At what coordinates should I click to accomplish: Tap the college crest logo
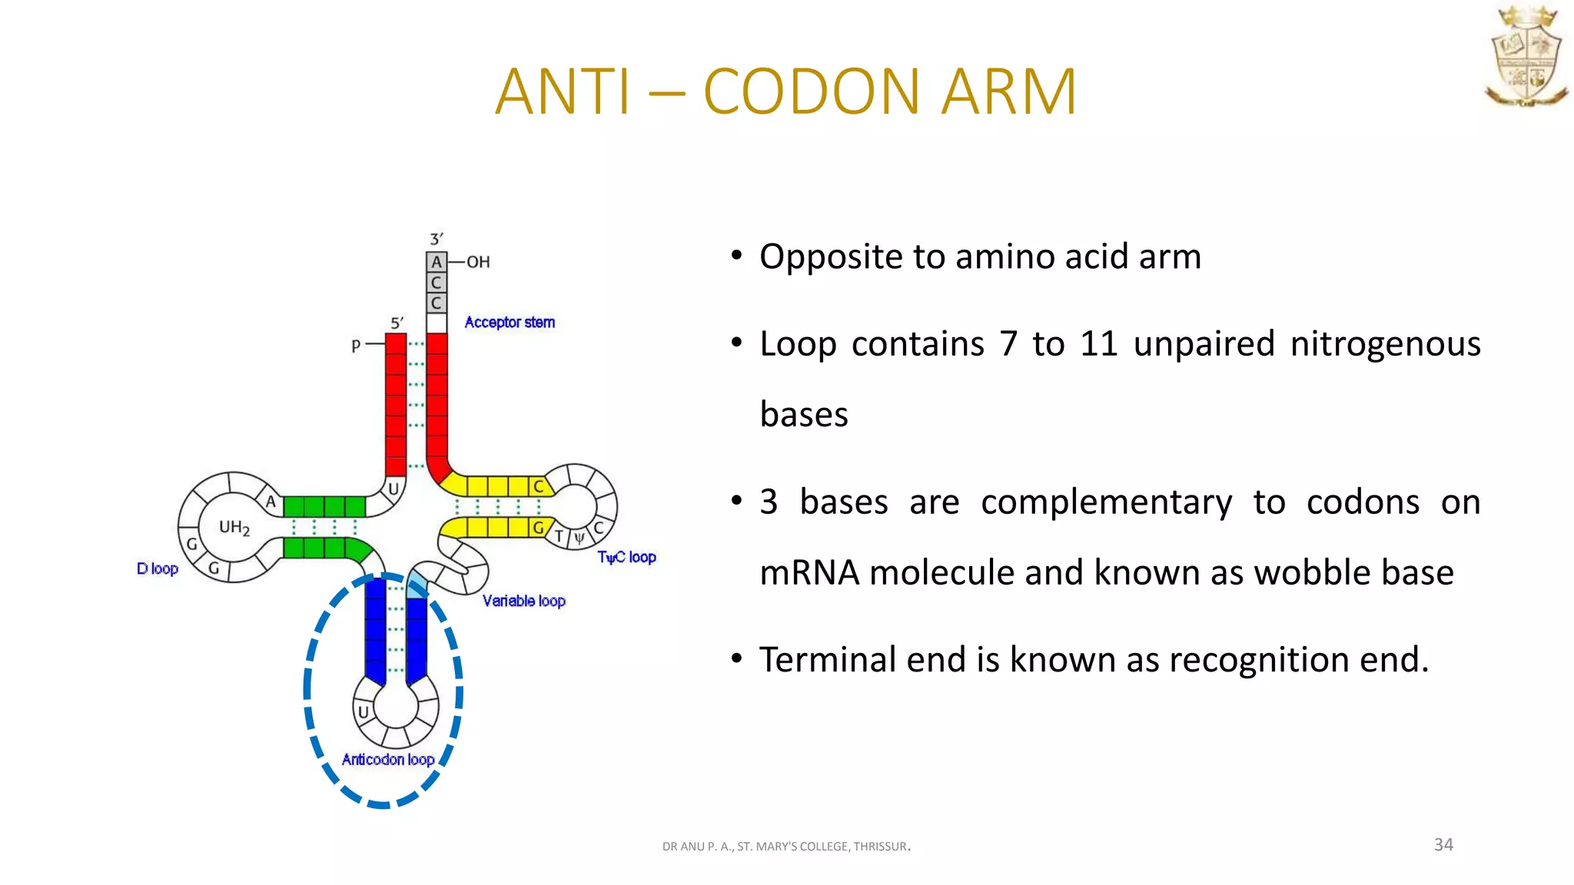coord(1526,57)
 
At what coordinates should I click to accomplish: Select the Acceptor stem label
coord(509,323)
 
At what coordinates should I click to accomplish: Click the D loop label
coord(158,568)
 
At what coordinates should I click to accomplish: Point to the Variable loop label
coord(523,601)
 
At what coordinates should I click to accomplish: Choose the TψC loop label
coord(626,557)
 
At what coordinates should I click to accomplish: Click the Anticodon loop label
coord(388,760)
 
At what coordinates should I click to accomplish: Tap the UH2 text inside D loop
coord(234,528)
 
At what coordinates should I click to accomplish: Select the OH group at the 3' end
coord(478,262)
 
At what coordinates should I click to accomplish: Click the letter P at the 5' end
coord(356,346)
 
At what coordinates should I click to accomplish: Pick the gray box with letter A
coord(437,262)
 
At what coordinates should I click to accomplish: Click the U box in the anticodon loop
coord(364,712)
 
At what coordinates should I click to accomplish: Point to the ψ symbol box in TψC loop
coord(579,538)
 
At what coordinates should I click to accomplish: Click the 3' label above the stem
coord(437,239)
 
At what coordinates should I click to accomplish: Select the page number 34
coord(1443,844)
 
